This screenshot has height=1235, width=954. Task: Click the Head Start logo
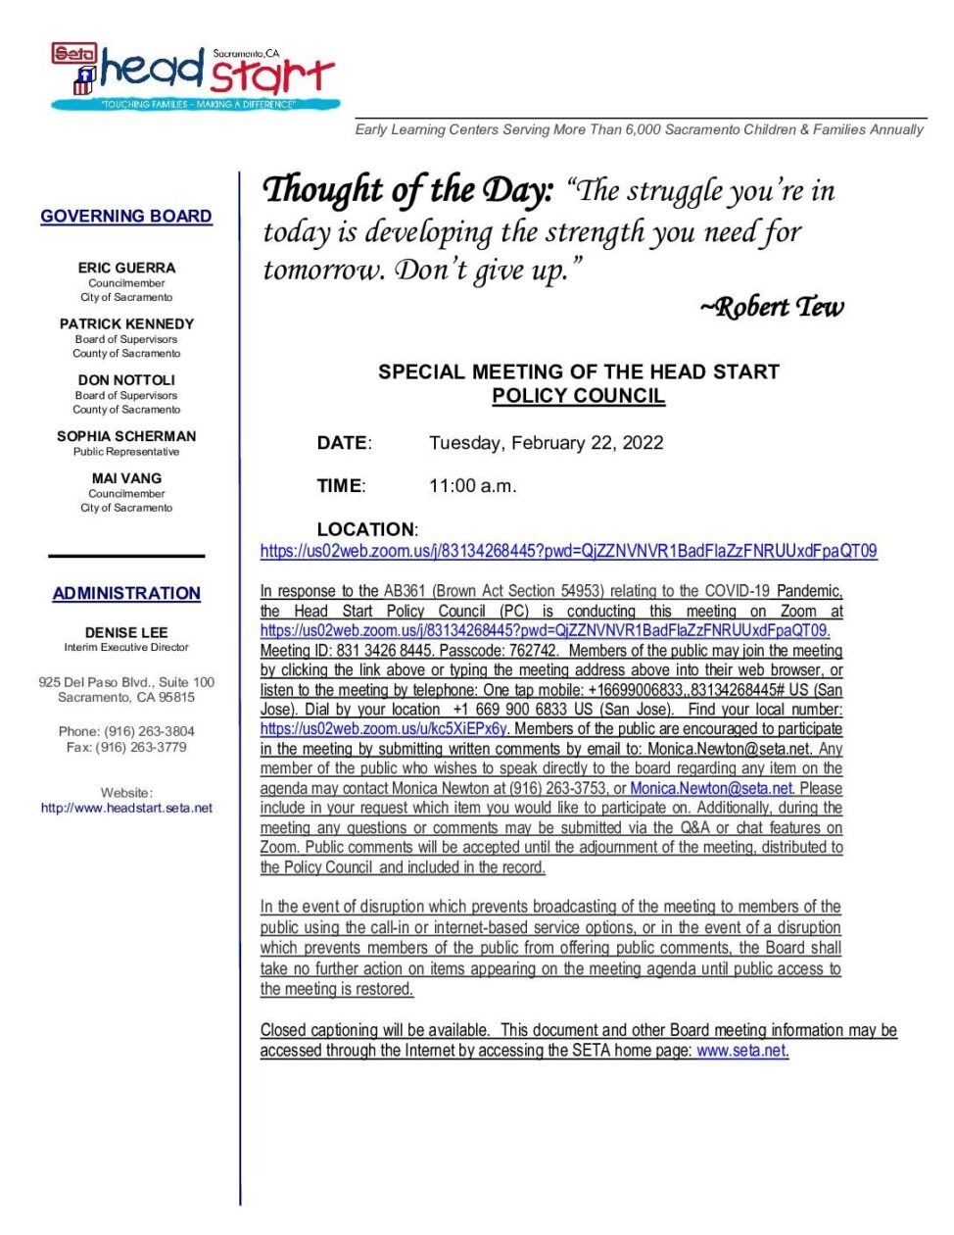coord(196,76)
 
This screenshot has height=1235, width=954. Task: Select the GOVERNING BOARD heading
coord(126,217)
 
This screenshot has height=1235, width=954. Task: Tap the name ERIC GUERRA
coord(127,268)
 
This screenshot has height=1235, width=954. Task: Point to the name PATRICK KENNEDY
coord(127,323)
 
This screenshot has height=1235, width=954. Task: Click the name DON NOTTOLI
coord(127,379)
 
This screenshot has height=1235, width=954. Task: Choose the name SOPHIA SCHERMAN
coord(126,436)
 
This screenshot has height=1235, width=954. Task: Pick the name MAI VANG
coord(127,478)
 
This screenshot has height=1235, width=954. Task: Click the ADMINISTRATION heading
coord(126,594)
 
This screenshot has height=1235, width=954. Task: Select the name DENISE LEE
coord(126,633)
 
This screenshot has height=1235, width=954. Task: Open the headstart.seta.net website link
coord(126,809)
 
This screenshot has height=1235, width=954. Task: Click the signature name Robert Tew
coord(772,308)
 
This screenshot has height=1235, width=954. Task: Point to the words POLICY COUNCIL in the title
coord(578,396)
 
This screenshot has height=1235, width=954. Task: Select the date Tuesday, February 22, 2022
coord(546,443)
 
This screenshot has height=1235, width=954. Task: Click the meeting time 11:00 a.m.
coord(472,486)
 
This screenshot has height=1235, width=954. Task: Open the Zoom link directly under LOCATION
coord(568,552)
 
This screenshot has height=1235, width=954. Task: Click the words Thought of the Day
coord(408,189)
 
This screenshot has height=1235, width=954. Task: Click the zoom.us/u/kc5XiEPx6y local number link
coord(383,729)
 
